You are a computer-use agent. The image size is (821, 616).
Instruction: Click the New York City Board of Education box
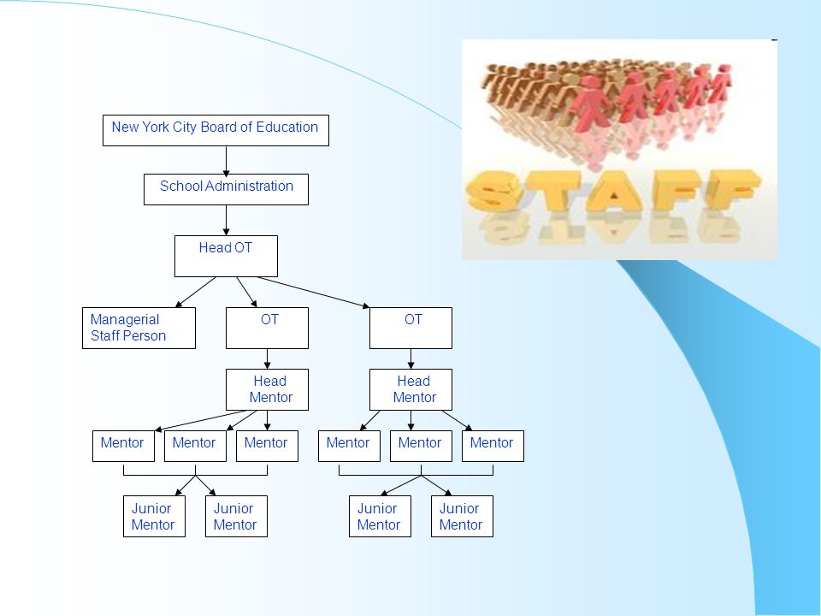pos(216,130)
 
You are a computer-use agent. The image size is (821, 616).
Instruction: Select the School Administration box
pos(226,190)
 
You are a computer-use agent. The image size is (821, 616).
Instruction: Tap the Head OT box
pos(226,256)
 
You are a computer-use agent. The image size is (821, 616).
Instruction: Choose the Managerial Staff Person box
pos(139,328)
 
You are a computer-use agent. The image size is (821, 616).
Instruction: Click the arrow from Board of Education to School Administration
pos(226,160)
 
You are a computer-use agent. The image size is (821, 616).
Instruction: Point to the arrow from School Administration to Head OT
pos(226,221)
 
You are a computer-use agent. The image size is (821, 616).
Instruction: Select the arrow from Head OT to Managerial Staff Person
pos(195,293)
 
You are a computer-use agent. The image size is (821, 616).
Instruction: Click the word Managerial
pos(125,319)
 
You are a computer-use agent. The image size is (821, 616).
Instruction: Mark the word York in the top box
pos(155,127)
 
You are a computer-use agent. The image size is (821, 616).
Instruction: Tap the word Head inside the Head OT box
pos(215,247)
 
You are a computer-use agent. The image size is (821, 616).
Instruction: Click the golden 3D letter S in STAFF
pos(493,191)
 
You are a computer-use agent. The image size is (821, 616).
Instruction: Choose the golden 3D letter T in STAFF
pos(553,191)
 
